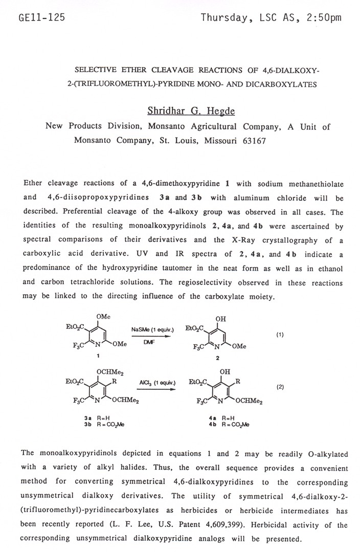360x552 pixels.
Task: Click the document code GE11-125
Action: [x=41, y=18]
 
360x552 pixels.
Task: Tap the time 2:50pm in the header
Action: [x=322, y=18]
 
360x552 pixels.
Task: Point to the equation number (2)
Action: [x=280, y=387]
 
